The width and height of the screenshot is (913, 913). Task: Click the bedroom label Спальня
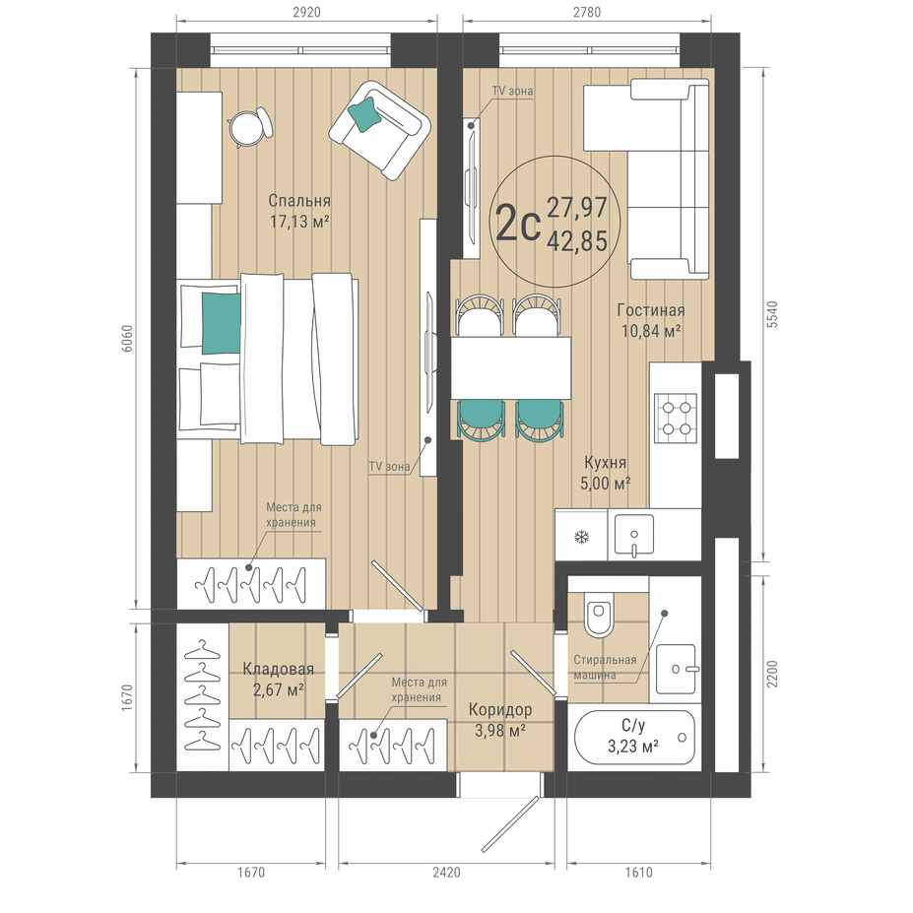tap(299, 201)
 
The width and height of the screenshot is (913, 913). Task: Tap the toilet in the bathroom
tap(598, 616)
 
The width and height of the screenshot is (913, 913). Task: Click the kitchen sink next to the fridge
tap(633, 535)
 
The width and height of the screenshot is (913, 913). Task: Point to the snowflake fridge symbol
tap(581, 537)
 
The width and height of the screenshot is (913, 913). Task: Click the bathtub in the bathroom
tap(634, 737)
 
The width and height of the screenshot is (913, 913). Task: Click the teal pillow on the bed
tap(222, 323)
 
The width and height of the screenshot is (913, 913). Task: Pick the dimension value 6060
tap(127, 339)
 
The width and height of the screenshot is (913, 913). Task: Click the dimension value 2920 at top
tap(306, 12)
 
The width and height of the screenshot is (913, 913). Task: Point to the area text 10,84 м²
tap(651, 331)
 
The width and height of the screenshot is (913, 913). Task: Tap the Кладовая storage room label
tap(279, 669)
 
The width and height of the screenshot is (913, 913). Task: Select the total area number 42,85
tap(577, 240)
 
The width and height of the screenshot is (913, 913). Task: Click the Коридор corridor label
tap(500, 710)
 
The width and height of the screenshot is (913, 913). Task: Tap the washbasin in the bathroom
tap(676, 669)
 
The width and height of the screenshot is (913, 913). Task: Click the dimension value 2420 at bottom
tap(446, 873)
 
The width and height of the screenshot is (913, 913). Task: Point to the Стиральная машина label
tap(605, 668)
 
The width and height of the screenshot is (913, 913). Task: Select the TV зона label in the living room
tap(512, 91)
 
